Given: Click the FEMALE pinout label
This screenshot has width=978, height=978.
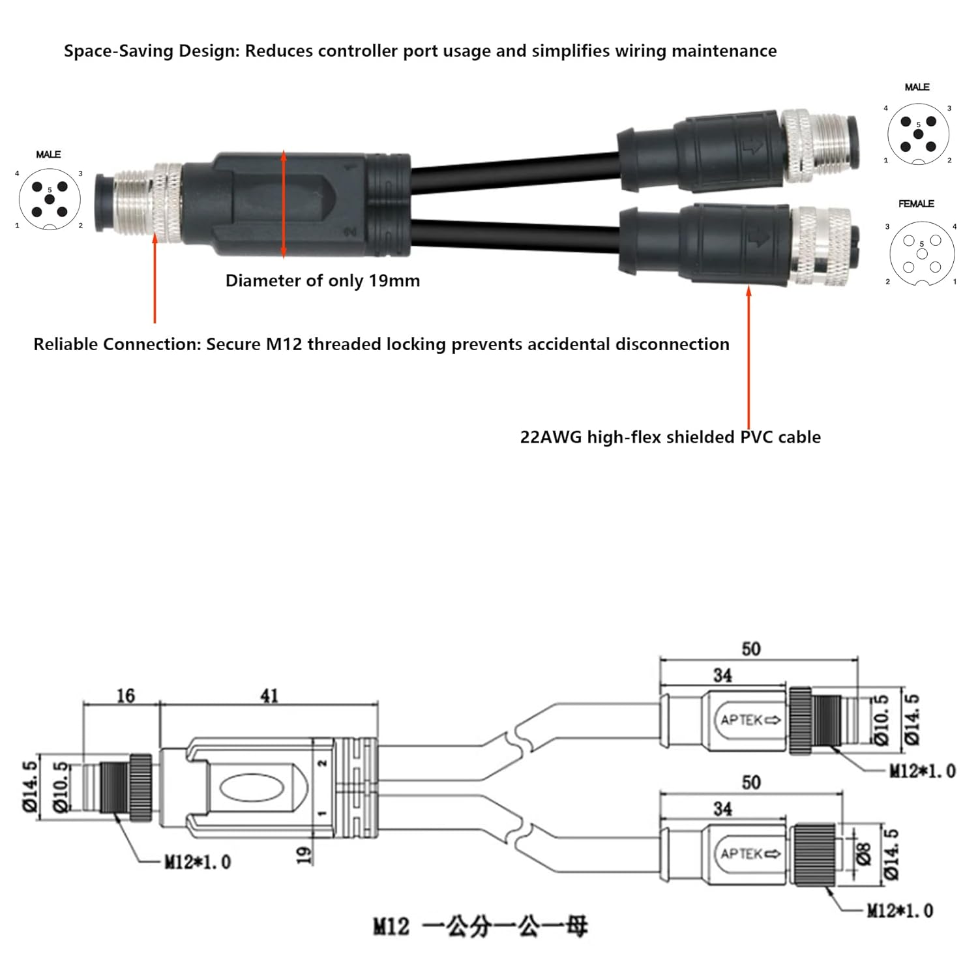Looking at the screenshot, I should coord(916,204).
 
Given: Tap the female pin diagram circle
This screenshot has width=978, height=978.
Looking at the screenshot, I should coord(922,254).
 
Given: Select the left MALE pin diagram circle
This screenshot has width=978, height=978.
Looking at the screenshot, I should coord(50,199).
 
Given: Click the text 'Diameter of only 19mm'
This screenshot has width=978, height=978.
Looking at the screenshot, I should coord(322,281).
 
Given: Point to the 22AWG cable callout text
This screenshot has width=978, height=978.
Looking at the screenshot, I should coord(670,437).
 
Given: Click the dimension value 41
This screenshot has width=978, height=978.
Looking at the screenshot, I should coord(269,696).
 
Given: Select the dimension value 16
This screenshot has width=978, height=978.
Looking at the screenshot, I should coord(125,696).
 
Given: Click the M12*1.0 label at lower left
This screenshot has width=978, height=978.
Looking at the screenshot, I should coord(197,862).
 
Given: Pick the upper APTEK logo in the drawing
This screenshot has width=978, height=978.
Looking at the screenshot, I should coord(750,720).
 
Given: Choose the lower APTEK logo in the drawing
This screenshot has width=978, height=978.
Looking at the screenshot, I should coord(750,853).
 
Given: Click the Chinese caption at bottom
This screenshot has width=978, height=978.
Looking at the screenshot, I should coord(479,926).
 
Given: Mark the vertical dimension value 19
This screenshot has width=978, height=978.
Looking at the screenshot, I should coord(304,855).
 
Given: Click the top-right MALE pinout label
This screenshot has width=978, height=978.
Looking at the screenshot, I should coord(917,87).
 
